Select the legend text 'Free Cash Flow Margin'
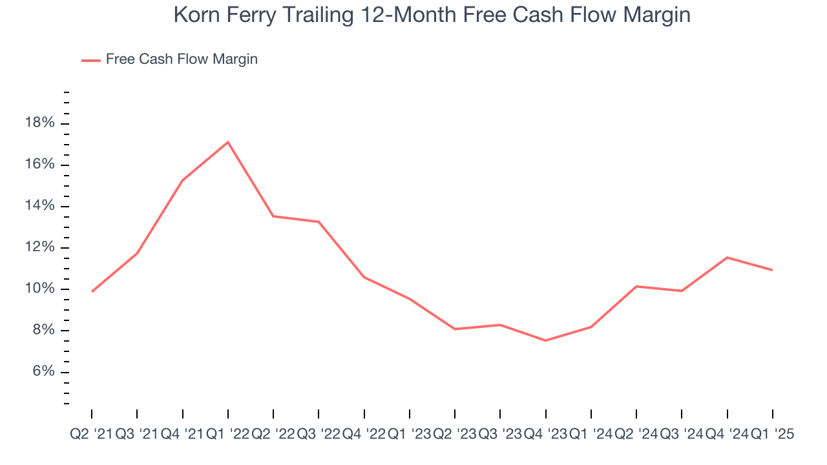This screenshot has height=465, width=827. [x=182, y=59]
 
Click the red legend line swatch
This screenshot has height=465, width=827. [x=90, y=60]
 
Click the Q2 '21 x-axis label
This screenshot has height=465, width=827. [x=91, y=435]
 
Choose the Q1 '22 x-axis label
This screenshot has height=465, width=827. [x=227, y=435]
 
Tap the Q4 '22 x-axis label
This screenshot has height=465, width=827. [x=364, y=435]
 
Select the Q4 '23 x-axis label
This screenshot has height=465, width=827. [x=545, y=435]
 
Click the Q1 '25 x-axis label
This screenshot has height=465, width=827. [x=772, y=435]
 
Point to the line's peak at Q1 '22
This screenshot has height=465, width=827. [x=228, y=142]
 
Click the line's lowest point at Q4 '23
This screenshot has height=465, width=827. [x=546, y=340]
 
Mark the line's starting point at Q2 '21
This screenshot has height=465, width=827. [x=92, y=292]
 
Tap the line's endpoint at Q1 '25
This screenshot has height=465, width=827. [x=773, y=270]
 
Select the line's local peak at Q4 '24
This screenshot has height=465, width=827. [x=728, y=258]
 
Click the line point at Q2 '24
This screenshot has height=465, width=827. [x=636, y=286]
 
